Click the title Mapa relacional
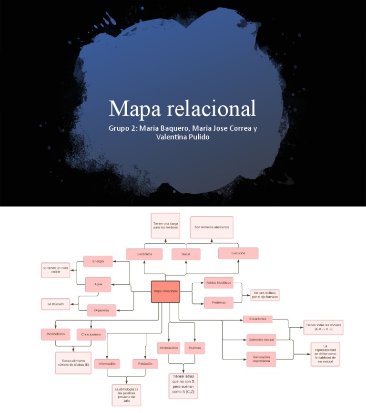click(x=183, y=108)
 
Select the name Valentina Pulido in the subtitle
click(x=183, y=137)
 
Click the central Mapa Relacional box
click(x=165, y=291)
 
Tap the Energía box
click(x=98, y=261)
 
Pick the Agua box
click(x=98, y=285)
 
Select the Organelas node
click(x=102, y=310)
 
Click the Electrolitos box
click(x=144, y=254)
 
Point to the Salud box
click(x=186, y=254)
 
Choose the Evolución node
click(x=238, y=253)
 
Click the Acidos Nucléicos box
click(x=218, y=283)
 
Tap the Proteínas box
click(x=219, y=302)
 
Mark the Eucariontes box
click(x=258, y=319)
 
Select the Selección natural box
click(x=261, y=340)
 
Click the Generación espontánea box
click(x=261, y=359)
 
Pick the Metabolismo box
click(x=56, y=334)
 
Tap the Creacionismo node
click(x=91, y=334)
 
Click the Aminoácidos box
click(x=168, y=348)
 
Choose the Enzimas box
click(x=194, y=348)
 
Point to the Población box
click(x=145, y=364)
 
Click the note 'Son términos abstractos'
click(x=212, y=227)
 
